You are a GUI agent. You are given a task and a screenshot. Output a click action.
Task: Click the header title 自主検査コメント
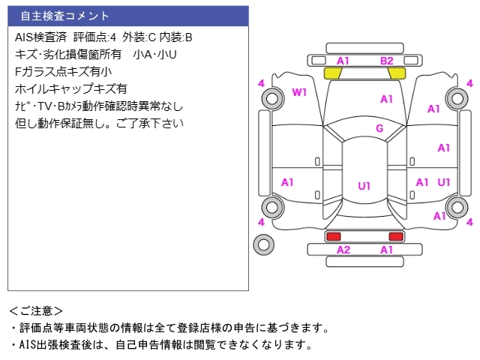coord(64,16)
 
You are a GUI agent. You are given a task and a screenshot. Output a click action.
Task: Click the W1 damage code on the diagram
coord(299,92)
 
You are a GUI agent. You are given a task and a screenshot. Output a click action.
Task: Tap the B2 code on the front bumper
coord(387,61)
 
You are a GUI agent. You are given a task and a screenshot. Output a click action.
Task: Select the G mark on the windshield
coord(379,128)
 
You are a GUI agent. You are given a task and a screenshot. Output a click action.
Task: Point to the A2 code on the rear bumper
coord(343,250)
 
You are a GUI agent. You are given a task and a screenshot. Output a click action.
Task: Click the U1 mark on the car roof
coord(364,186)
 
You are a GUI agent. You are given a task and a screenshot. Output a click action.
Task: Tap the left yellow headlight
coord(333,73)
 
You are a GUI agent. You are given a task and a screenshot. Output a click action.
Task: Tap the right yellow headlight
coord(397,73)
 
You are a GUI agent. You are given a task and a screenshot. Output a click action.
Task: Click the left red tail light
coord(334,236)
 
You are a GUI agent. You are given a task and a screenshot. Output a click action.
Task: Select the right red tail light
coord(396,236)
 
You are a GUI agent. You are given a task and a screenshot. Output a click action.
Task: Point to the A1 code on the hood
coord(386,99)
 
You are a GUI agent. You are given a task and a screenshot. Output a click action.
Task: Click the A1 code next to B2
coord(343,61)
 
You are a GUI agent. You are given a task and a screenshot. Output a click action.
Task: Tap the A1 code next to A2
coord(386,250)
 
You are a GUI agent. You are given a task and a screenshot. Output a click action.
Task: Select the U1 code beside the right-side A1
coord(444,182)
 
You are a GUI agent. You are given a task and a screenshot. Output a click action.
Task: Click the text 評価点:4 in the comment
coord(95,37)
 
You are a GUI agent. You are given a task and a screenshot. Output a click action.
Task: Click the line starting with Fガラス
coord(63,72)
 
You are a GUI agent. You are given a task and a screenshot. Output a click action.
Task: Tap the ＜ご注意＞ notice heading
coord(36,311)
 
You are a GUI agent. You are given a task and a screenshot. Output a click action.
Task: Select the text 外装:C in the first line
coord(139,37)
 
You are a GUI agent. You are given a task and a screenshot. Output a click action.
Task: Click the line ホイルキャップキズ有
coord(71,88)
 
